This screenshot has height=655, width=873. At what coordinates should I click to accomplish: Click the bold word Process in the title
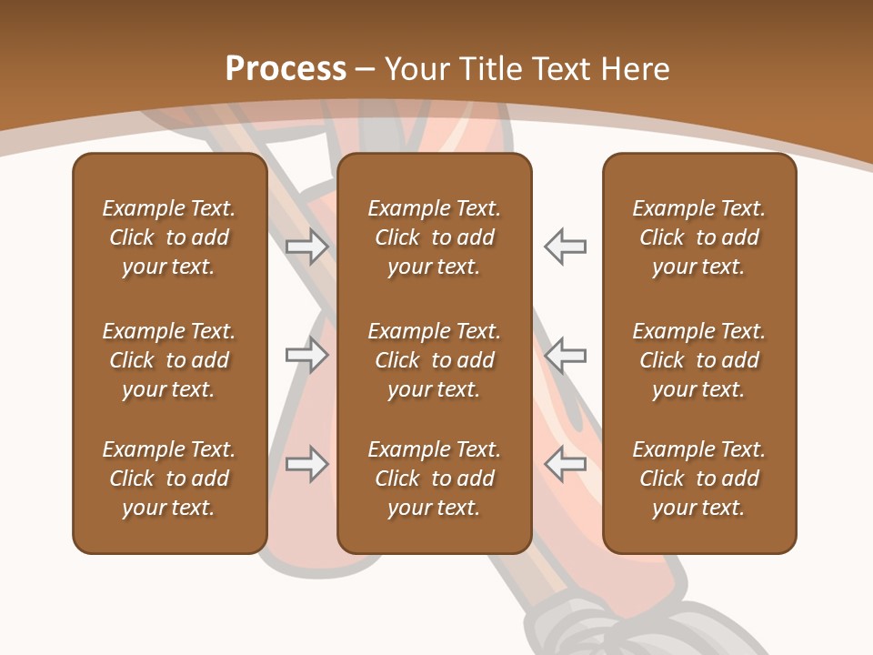(x=286, y=69)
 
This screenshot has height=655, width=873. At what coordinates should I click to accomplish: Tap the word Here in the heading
(x=637, y=69)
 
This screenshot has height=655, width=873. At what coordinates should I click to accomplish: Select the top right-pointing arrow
(x=307, y=247)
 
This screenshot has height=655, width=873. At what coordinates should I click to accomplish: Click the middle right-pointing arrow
(x=307, y=355)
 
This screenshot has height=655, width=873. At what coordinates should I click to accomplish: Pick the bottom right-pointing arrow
(x=307, y=464)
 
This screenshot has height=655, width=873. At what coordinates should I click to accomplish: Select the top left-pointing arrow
(x=565, y=247)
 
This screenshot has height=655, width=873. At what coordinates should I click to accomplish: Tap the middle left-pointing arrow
(x=565, y=355)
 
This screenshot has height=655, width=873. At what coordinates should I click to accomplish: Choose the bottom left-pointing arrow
(x=565, y=464)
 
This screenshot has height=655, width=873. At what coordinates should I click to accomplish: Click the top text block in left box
(x=169, y=237)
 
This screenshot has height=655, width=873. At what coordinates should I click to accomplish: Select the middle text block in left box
(x=169, y=360)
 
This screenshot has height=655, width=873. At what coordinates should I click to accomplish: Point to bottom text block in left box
(x=169, y=479)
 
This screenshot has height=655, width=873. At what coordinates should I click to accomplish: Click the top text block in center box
(x=434, y=237)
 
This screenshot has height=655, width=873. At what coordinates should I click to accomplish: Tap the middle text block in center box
(x=434, y=360)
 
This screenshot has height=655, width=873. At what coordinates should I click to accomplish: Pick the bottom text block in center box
(x=434, y=479)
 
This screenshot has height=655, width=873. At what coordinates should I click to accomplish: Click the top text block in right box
(x=699, y=237)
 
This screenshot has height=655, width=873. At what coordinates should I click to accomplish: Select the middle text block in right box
(x=699, y=360)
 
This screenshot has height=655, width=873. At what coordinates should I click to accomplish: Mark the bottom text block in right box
(x=699, y=479)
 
